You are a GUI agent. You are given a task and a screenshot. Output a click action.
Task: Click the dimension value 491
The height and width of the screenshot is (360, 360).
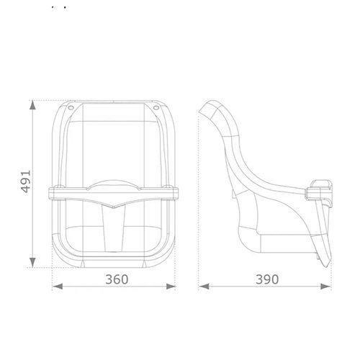tap(26, 181)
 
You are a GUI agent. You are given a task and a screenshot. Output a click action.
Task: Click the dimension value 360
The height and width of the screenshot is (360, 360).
tap(117, 279)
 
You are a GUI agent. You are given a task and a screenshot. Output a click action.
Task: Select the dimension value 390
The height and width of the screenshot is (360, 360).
tap(267, 279)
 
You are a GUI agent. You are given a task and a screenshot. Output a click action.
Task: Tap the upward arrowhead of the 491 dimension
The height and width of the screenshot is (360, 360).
tap(32, 105)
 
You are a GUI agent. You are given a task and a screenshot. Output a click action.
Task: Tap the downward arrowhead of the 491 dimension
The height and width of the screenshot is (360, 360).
tap(32, 262)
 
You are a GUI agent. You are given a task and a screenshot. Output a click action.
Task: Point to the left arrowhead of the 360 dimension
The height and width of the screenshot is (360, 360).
tap(58, 287)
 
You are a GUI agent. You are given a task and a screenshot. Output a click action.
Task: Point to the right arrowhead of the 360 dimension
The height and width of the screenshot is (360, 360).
tap(171, 287)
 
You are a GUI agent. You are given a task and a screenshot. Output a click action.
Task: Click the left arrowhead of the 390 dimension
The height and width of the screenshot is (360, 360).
tap(204, 287)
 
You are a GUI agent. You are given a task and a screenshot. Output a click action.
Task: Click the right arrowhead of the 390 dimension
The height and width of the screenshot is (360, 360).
tap(326, 287)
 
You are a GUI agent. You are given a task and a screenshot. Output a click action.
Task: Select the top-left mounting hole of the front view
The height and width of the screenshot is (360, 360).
tap(71, 107)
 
